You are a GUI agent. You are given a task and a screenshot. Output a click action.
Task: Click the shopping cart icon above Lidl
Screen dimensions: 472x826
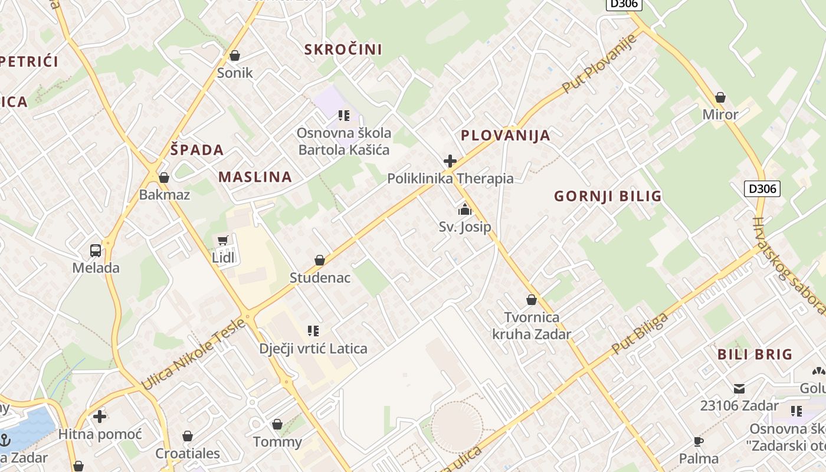[222, 240]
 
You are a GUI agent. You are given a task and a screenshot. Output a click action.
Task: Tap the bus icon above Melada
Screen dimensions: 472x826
[96, 251]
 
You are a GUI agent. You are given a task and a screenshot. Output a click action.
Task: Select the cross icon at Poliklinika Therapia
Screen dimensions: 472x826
[450, 160]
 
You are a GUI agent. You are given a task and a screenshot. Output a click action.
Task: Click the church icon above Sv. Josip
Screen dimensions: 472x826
[465, 209]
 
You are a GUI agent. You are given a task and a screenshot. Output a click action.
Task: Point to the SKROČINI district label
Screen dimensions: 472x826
[343, 50]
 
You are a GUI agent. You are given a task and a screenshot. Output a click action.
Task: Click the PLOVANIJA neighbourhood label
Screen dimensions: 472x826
[505, 136]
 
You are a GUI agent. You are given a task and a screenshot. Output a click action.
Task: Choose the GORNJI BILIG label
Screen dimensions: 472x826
[608, 196]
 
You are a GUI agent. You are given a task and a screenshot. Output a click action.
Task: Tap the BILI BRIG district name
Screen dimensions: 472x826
[755, 355]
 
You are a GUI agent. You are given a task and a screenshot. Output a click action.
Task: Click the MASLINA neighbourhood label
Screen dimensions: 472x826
[255, 177]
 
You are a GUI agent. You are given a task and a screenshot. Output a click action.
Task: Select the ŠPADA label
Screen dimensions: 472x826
[197, 150]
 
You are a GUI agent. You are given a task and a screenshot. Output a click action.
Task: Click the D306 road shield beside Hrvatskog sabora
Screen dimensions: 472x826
[762, 189]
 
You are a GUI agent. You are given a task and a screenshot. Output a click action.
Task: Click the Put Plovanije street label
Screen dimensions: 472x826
[599, 63]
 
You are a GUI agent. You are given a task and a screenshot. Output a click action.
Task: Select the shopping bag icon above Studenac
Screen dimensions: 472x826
[320, 260]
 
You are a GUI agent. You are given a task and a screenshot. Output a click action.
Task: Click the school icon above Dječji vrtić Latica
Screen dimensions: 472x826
[313, 331]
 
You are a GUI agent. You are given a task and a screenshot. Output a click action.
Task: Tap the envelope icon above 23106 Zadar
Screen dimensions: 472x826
[739, 388]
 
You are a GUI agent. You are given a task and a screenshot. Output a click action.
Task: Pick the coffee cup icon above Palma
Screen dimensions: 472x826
[699, 441]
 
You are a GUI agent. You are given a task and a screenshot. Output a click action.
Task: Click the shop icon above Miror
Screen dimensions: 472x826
[720, 97]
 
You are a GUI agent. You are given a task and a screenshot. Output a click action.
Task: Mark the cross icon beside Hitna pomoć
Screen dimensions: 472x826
[100, 417]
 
